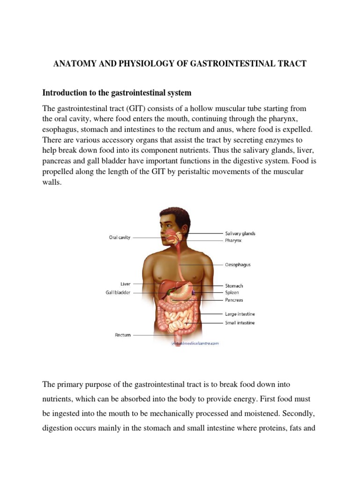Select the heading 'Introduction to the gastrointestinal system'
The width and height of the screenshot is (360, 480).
(x=117, y=92)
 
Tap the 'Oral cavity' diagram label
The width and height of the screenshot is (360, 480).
(x=120, y=237)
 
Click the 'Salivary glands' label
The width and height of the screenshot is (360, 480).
(x=240, y=233)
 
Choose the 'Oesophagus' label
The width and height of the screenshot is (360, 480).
(x=238, y=264)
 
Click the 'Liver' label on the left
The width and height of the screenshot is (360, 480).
(x=125, y=284)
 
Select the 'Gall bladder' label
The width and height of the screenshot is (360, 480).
(x=118, y=292)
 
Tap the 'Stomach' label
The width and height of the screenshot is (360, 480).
(x=234, y=285)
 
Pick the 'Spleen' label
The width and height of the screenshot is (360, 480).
(x=233, y=292)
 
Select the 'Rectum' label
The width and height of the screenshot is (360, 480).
(x=123, y=335)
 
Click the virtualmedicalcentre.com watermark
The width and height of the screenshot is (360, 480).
(x=195, y=343)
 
